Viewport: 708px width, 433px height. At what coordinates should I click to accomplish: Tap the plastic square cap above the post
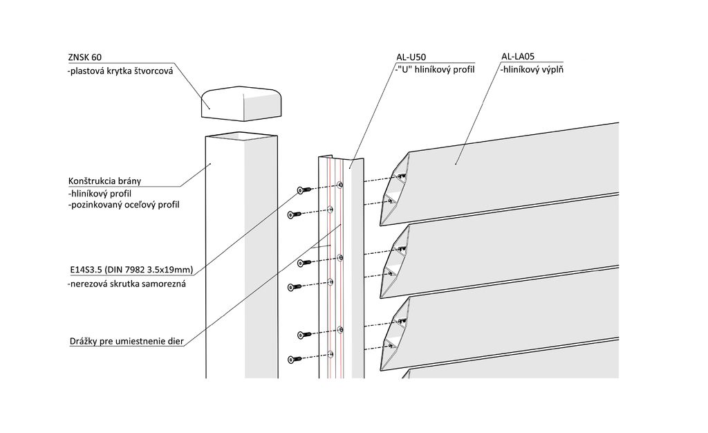pos(243,102)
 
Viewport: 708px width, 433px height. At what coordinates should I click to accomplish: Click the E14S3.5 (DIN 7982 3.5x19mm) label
pos(131,270)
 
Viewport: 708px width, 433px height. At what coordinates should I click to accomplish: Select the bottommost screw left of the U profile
pos(293,358)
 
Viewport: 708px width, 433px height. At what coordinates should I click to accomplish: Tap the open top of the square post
pos(240,136)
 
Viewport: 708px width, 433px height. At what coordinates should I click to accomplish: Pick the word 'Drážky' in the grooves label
pos(85,341)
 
